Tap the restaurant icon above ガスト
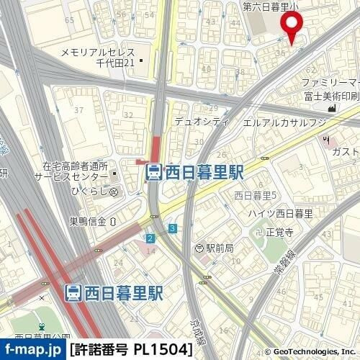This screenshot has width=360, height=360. pyautogui.click(x=327, y=138)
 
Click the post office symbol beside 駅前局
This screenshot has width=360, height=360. pyautogui.click(x=199, y=248)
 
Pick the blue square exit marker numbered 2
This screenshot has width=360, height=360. pyautogui.click(x=150, y=238)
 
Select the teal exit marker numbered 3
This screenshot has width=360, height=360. pyautogui.click(x=173, y=228)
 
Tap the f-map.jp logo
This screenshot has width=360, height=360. pyautogui.click(x=32, y=350)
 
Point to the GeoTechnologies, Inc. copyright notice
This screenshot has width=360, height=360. pyautogui.click(x=310, y=352)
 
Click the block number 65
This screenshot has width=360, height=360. pyautogui.click(x=69, y=20)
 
